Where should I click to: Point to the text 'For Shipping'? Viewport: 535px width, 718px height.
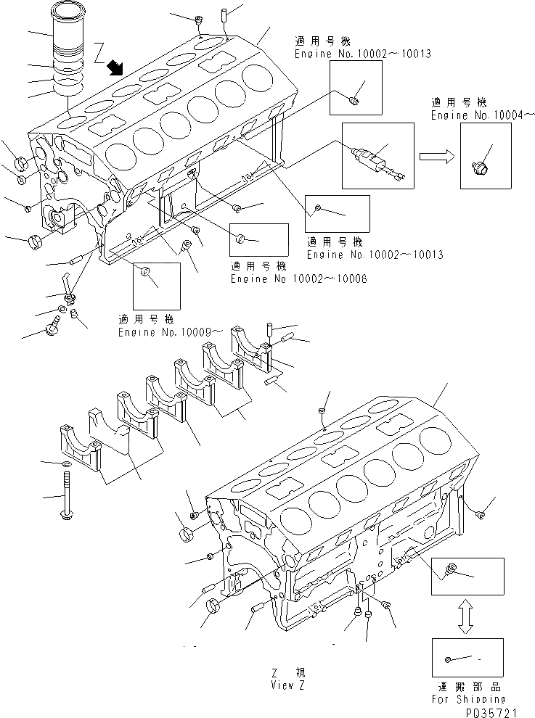click(467, 699)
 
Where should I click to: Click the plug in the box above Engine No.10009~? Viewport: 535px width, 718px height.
click(145, 273)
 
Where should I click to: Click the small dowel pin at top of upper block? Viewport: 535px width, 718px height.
click(226, 14)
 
